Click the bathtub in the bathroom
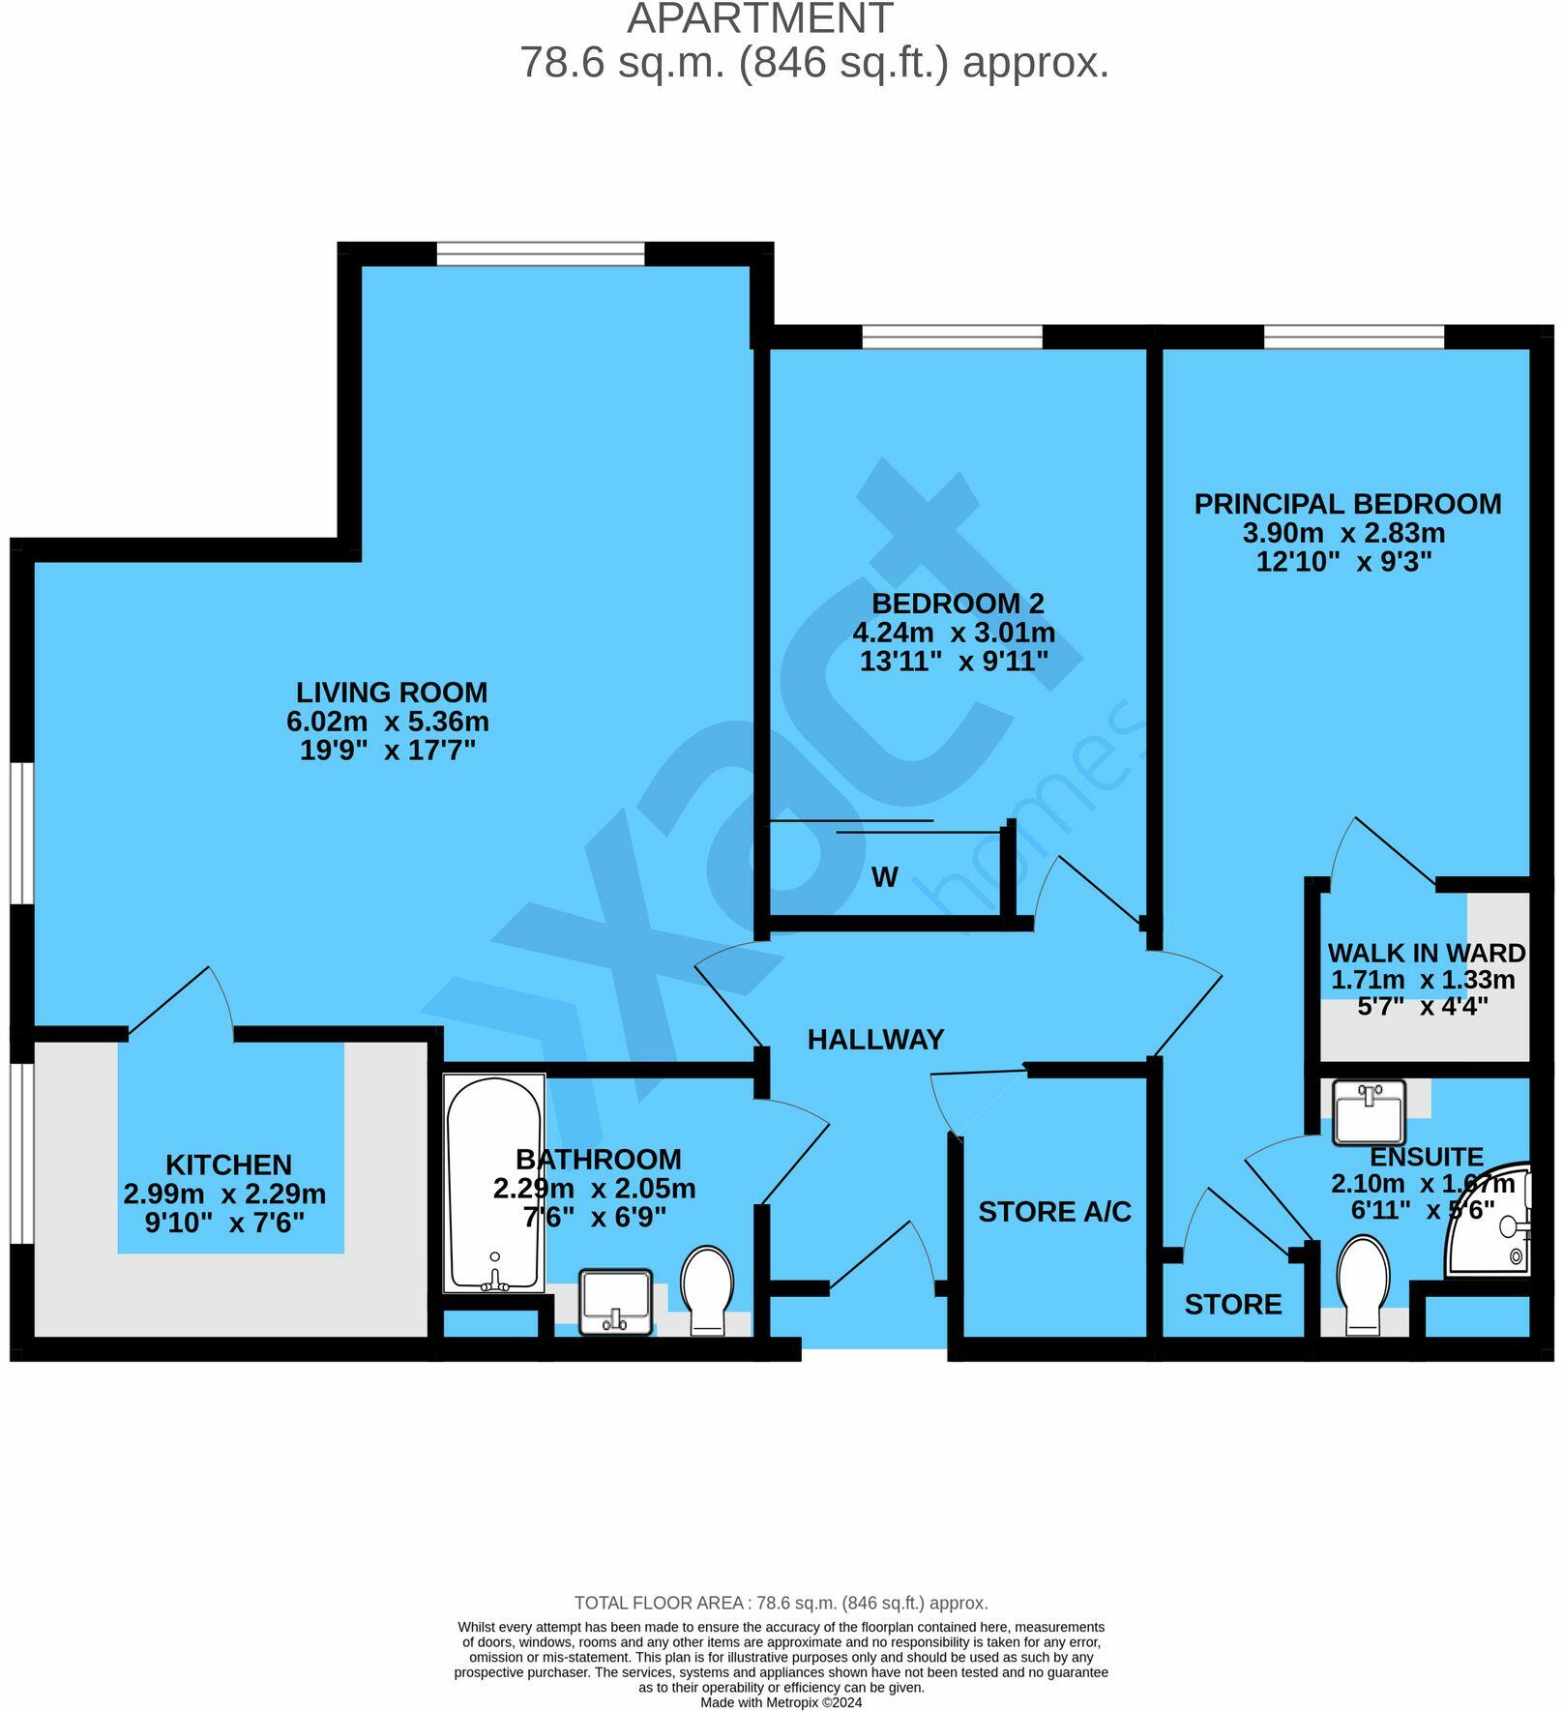pyautogui.click(x=494, y=1184)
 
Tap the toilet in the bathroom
pyautogui.click(x=707, y=1289)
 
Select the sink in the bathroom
pyautogui.click(x=616, y=1302)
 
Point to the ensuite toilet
pyautogui.click(x=1365, y=1283)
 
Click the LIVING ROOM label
pyautogui.click(x=391, y=693)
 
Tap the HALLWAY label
pyautogui.click(x=875, y=1040)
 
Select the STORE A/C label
pyautogui.click(x=1054, y=1212)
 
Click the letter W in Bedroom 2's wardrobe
pyautogui.click(x=884, y=877)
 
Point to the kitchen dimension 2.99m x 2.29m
pyautogui.click(x=224, y=1195)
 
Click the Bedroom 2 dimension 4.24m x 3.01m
pyautogui.click(x=953, y=634)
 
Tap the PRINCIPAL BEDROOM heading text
pyautogui.click(x=1347, y=504)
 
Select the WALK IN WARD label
pyautogui.click(x=1426, y=953)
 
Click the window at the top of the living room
pyautogui.click(x=540, y=253)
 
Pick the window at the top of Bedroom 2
pyautogui.click(x=952, y=337)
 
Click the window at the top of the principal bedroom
pyautogui.click(x=1353, y=337)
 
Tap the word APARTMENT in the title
pyautogui.click(x=759, y=19)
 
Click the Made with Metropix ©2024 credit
pyautogui.click(x=781, y=1703)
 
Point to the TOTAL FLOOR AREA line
pyautogui.click(x=781, y=1604)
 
